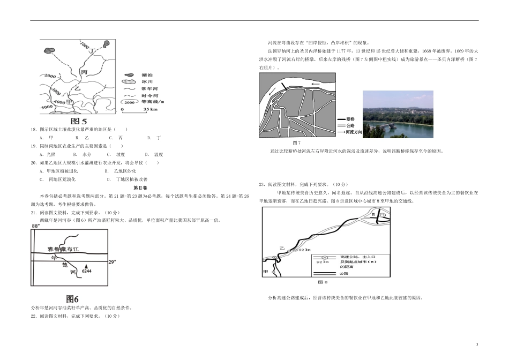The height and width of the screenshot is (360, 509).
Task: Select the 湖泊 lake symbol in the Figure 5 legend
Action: click(129, 76)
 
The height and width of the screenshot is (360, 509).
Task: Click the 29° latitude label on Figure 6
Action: click(112, 262)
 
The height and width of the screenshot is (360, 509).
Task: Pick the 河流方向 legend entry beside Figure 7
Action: click(351, 131)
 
